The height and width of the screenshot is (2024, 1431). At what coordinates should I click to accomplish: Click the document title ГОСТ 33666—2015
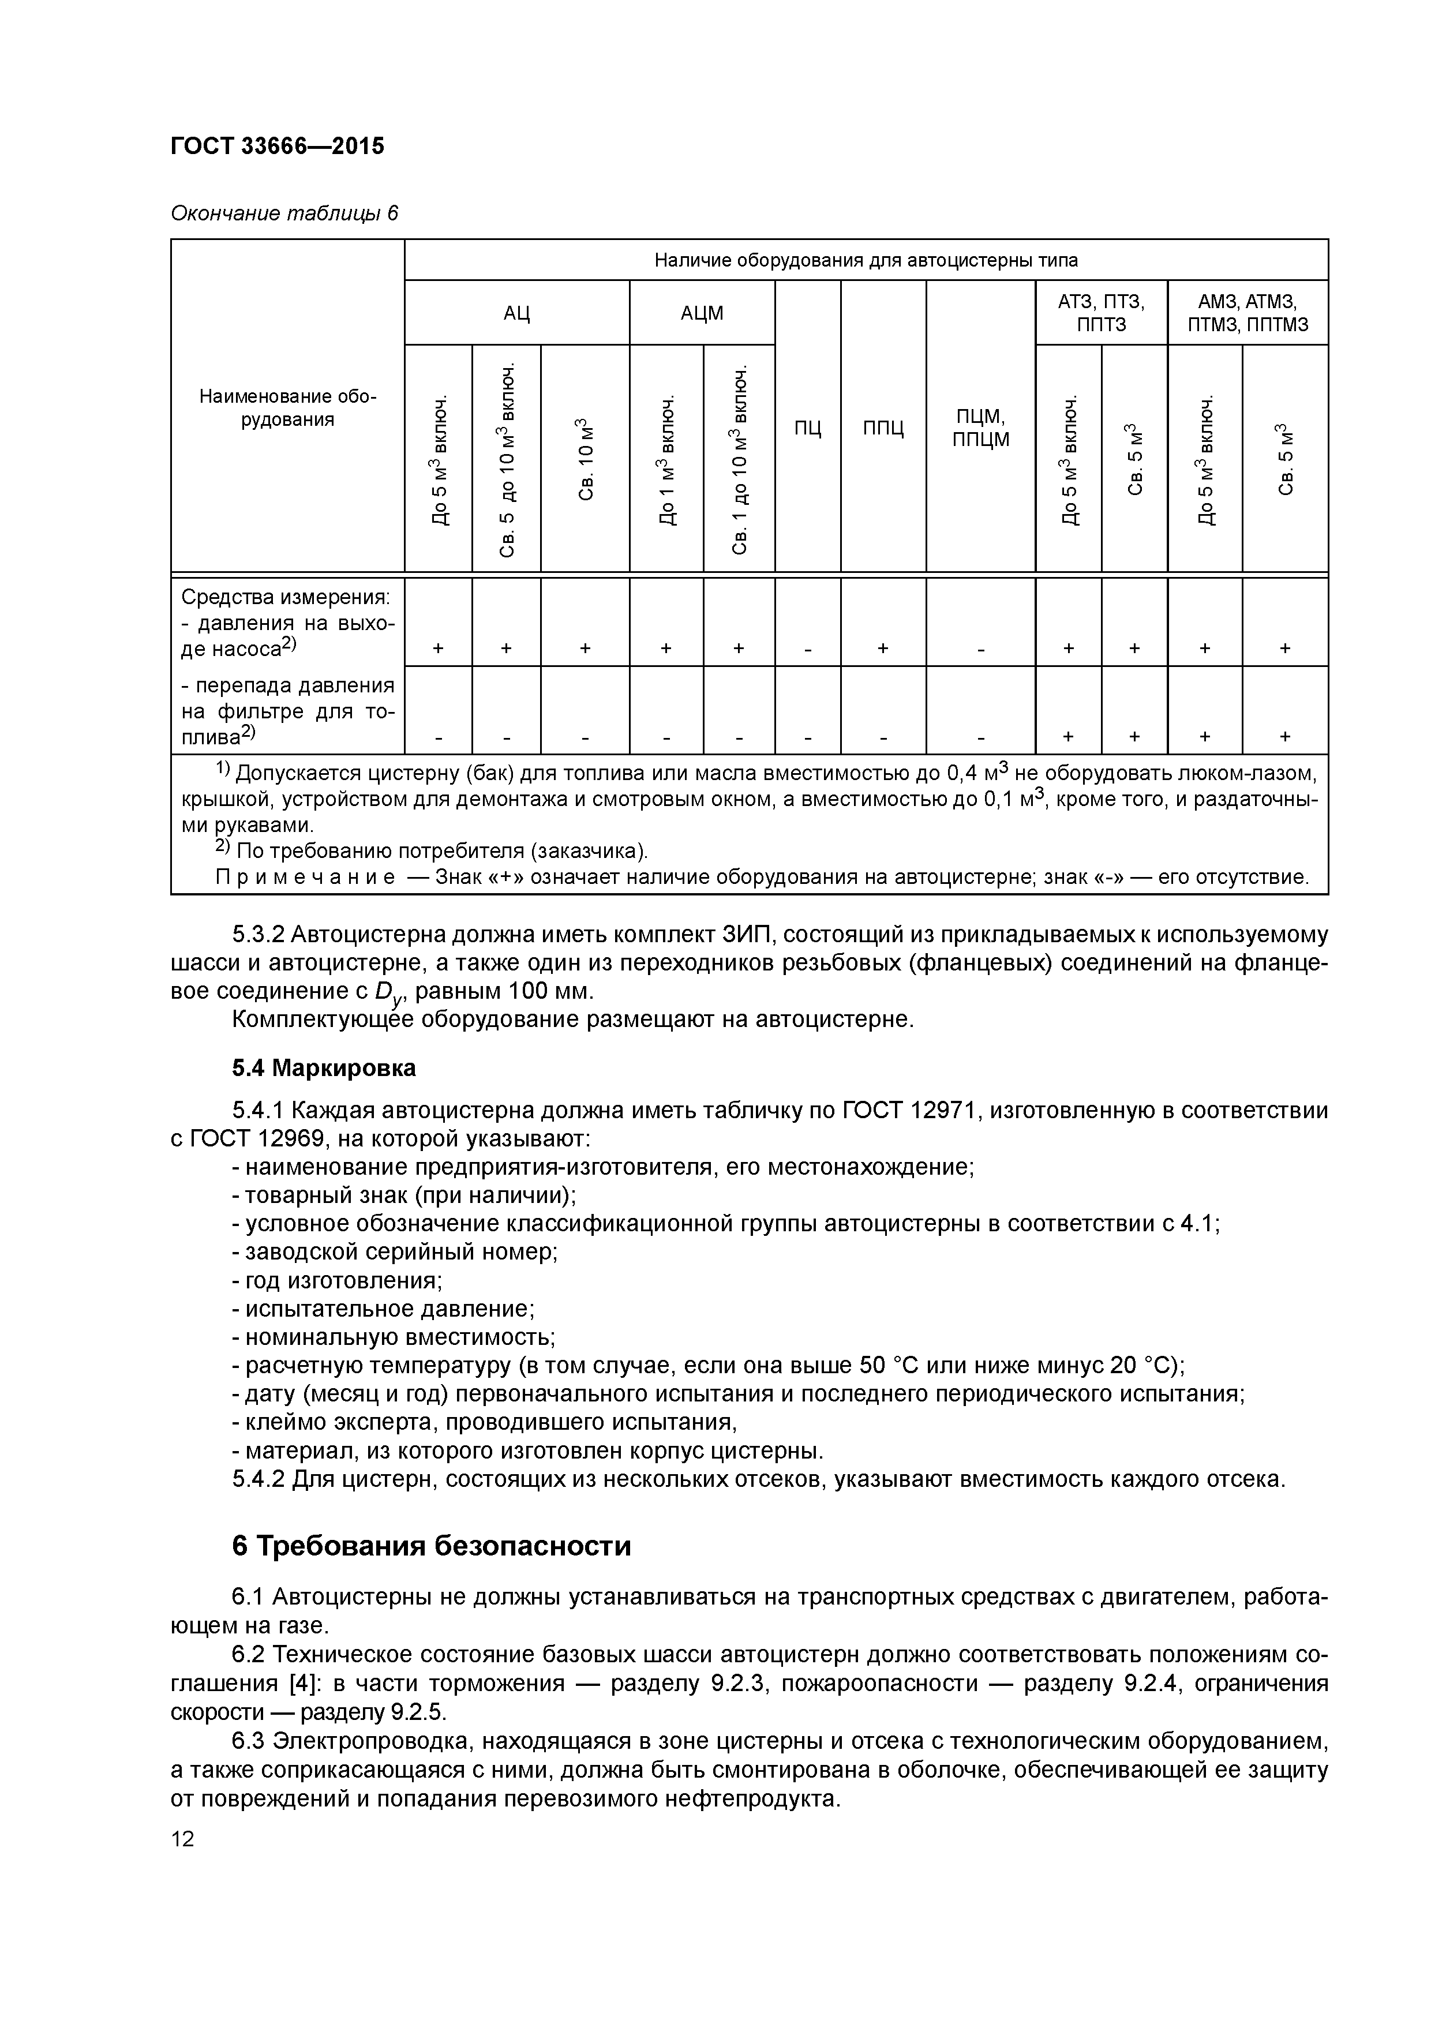pos(277,145)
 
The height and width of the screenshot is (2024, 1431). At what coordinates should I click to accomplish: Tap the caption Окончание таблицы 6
pos(284,213)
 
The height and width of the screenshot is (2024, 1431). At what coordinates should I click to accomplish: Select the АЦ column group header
pos(516,313)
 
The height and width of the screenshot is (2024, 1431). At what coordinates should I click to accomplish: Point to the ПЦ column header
pos(808,429)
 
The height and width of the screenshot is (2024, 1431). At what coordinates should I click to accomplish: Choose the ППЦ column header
pos(883,429)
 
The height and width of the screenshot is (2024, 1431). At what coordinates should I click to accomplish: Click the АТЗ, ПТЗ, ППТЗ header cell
pos(1102,313)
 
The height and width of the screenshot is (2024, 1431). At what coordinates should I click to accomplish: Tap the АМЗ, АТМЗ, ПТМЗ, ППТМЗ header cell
pos(1248,313)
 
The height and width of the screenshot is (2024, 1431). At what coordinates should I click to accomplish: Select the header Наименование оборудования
pos(287,408)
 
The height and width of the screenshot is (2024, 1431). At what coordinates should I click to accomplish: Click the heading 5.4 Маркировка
pos(324,1069)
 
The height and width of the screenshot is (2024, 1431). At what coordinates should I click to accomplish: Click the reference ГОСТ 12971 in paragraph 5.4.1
pos(909,1111)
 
